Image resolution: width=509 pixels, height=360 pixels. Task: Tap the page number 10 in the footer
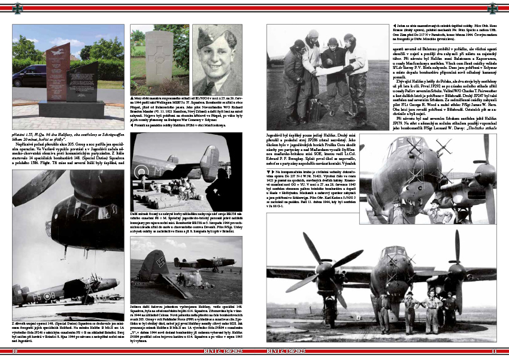click(14, 351)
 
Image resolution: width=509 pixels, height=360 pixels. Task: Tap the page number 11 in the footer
click(494, 351)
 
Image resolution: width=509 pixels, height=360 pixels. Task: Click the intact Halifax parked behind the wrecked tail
click(198, 262)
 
